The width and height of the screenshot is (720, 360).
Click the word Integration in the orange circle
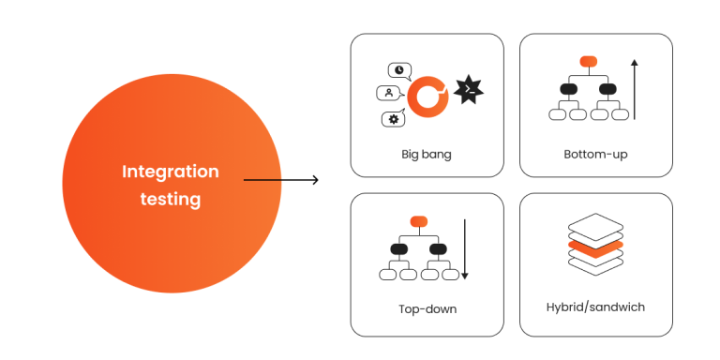pyautogui.click(x=170, y=172)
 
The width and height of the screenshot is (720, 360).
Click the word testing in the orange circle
pyautogui.click(x=170, y=199)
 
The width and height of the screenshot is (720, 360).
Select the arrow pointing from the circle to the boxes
pyautogui.click(x=280, y=179)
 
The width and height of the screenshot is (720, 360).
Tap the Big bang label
pyautogui.click(x=427, y=154)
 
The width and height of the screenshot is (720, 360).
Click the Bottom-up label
pyautogui.click(x=595, y=154)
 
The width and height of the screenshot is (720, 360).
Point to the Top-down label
pyautogui.click(x=427, y=308)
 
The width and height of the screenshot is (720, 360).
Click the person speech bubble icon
pyautogui.click(x=388, y=93)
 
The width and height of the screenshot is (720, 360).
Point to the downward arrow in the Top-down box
pyautogui.click(x=465, y=248)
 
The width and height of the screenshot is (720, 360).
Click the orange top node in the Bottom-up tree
pyautogui.click(x=588, y=61)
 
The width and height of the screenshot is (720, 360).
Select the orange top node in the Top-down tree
pyautogui.click(x=419, y=221)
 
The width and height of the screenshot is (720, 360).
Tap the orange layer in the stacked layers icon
pyautogui.click(x=595, y=248)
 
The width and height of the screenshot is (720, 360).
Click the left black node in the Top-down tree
pyautogui.click(x=400, y=248)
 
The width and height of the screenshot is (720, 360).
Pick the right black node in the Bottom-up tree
pyautogui.click(x=607, y=89)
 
